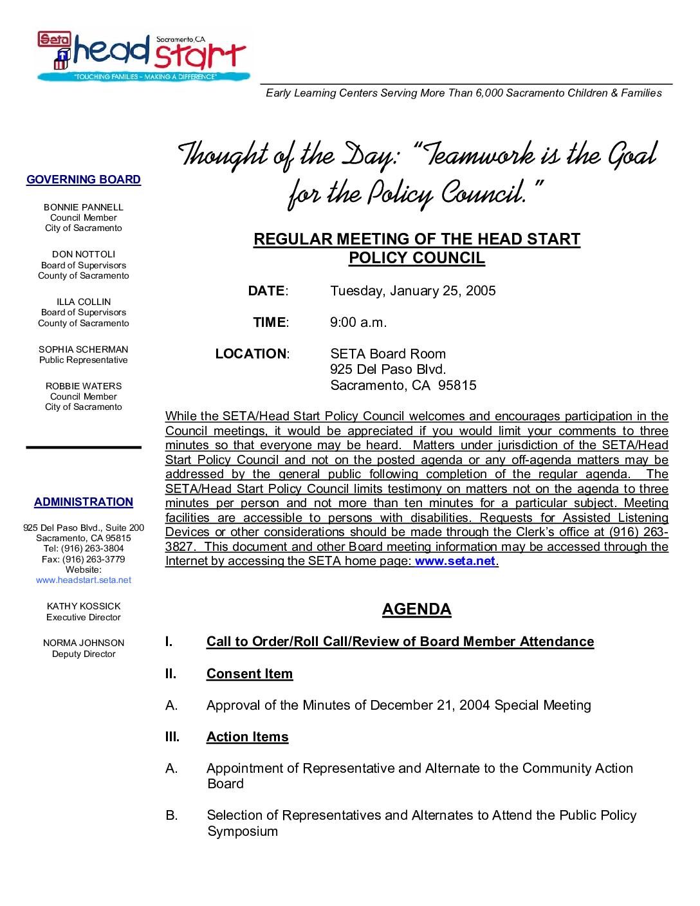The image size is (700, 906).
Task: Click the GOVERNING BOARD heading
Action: click(84, 180)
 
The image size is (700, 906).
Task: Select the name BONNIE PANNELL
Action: click(84, 207)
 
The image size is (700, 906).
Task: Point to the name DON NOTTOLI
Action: click(84, 254)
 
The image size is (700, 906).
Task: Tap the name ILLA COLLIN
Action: click(84, 302)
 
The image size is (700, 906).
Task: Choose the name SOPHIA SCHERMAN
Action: click(84, 349)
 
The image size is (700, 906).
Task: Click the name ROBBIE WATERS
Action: click(84, 386)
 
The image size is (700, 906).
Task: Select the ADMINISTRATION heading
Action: click(84, 502)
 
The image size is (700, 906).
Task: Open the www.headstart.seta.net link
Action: click(84, 580)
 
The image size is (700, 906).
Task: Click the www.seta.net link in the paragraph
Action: click(456, 560)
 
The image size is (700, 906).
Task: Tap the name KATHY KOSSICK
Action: click(84, 606)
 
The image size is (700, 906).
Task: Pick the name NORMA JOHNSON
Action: click(84, 643)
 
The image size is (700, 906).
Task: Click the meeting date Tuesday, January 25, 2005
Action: click(413, 291)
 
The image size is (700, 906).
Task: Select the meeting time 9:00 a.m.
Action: click(358, 322)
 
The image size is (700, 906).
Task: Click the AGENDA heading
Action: click(417, 609)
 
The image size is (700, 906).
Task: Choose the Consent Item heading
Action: click(250, 674)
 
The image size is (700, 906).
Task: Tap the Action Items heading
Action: click(248, 737)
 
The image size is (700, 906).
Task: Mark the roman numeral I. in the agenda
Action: click(169, 642)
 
